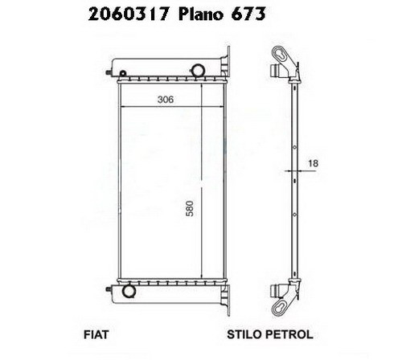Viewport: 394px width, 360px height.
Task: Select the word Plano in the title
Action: pyautogui.click(x=201, y=14)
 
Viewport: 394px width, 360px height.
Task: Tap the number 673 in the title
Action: pyautogui.click(x=248, y=14)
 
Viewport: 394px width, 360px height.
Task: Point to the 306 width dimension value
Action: pyautogui.click(x=166, y=100)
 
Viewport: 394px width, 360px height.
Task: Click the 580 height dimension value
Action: pyautogui.click(x=190, y=208)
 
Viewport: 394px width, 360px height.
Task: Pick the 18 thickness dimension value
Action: pyautogui.click(x=313, y=163)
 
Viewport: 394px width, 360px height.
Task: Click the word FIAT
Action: pyautogui.click(x=96, y=334)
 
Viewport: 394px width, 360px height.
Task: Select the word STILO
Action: pyautogui.click(x=244, y=334)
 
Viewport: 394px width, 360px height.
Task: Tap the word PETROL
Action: pyautogui.click(x=289, y=334)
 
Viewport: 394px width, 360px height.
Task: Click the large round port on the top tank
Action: pyautogui.click(x=198, y=70)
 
